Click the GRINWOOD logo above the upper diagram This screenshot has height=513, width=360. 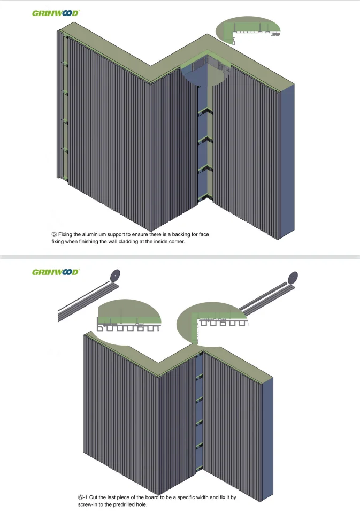click(56, 13)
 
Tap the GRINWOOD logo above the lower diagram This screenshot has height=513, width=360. click(56, 272)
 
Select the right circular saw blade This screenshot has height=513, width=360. click(292, 278)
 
